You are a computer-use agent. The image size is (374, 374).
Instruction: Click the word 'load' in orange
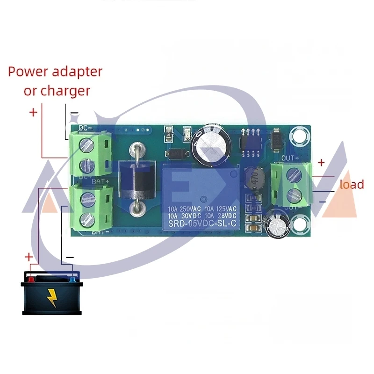352,184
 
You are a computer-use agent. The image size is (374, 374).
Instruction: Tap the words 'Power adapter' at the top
55,72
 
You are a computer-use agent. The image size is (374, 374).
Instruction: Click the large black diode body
134,178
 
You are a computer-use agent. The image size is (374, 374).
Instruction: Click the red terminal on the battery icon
31,279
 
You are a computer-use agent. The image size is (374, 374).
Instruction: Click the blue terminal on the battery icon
72,279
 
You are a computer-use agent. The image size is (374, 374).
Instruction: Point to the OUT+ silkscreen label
290,158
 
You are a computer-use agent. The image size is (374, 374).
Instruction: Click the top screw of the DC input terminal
86,145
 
